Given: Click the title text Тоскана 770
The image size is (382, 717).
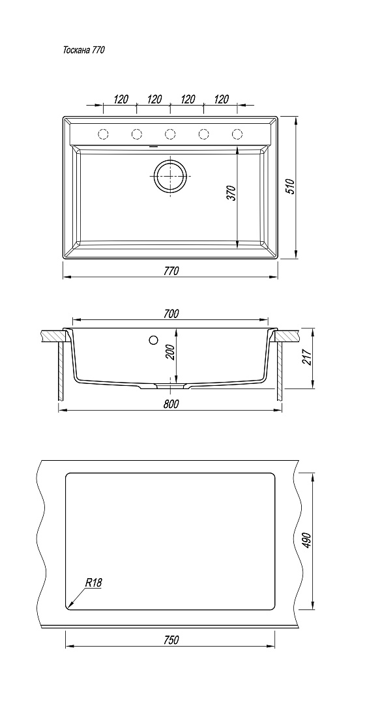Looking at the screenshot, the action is click(83, 50).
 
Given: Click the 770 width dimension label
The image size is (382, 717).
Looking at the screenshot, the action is click(171, 271).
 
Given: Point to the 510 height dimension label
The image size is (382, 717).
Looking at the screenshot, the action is click(290, 187).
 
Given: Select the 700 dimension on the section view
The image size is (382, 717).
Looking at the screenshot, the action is click(171, 314).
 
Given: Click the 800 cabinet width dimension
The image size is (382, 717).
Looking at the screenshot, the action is click(171, 404).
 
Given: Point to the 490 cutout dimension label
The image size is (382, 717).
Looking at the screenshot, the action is click(306, 541).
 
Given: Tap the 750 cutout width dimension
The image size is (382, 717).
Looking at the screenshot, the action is click(171, 640).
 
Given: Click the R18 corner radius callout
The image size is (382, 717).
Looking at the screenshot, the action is click(93, 583).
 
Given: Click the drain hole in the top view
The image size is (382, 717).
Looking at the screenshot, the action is click(170, 175).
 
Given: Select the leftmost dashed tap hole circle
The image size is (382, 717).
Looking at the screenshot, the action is click(104, 134).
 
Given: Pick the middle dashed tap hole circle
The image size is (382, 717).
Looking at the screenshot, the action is click(170, 134).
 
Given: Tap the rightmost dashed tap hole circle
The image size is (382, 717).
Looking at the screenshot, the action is click(237, 134).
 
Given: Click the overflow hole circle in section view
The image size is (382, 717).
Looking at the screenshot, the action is click(153, 340).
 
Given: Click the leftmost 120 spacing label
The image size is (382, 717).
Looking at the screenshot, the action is click(121, 99).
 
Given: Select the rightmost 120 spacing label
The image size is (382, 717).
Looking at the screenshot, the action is click(222, 99).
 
